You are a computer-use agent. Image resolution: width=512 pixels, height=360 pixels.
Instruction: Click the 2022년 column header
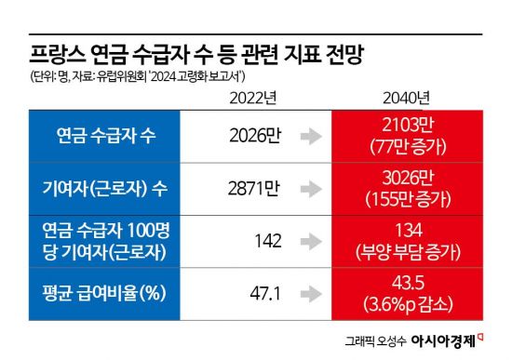tap(250, 97)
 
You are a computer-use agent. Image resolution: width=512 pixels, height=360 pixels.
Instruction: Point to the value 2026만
tap(255, 136)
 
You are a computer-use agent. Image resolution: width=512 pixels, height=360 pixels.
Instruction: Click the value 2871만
tap(255, 187)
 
